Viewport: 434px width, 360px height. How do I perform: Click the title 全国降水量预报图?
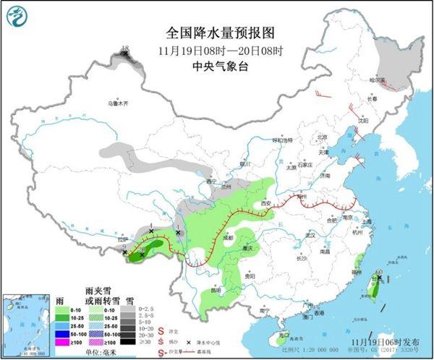coord(216,33)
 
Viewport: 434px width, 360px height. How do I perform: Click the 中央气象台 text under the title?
coord(216,66)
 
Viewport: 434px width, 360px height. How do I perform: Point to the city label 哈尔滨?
coord(378,80)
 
